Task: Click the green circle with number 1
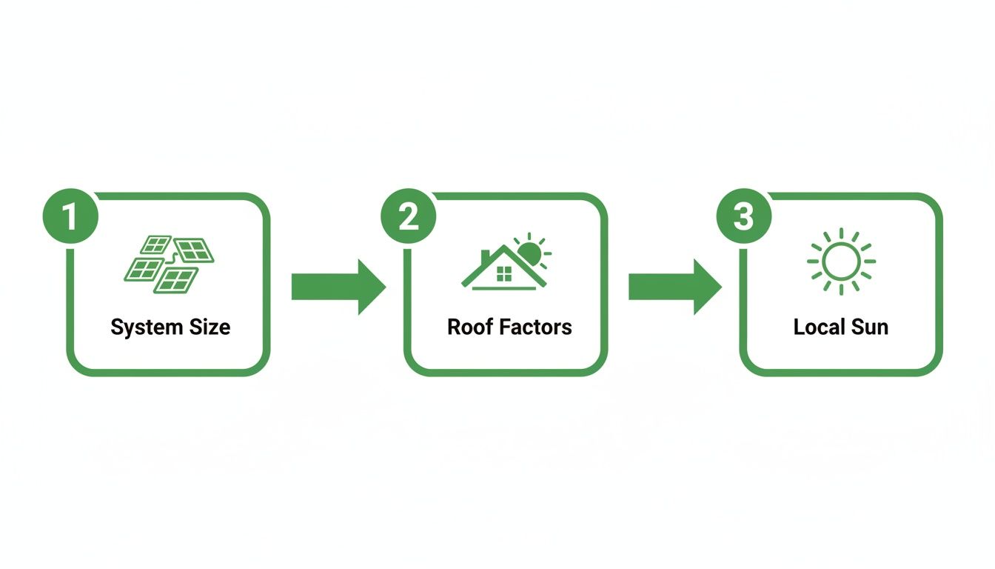70,217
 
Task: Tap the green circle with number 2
408,217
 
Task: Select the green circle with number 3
744,217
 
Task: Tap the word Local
818,327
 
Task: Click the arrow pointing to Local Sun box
674,287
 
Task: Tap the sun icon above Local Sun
841,262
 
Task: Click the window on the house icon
503,275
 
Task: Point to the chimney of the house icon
486,256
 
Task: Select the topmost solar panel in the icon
156,244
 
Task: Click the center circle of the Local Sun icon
841,262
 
